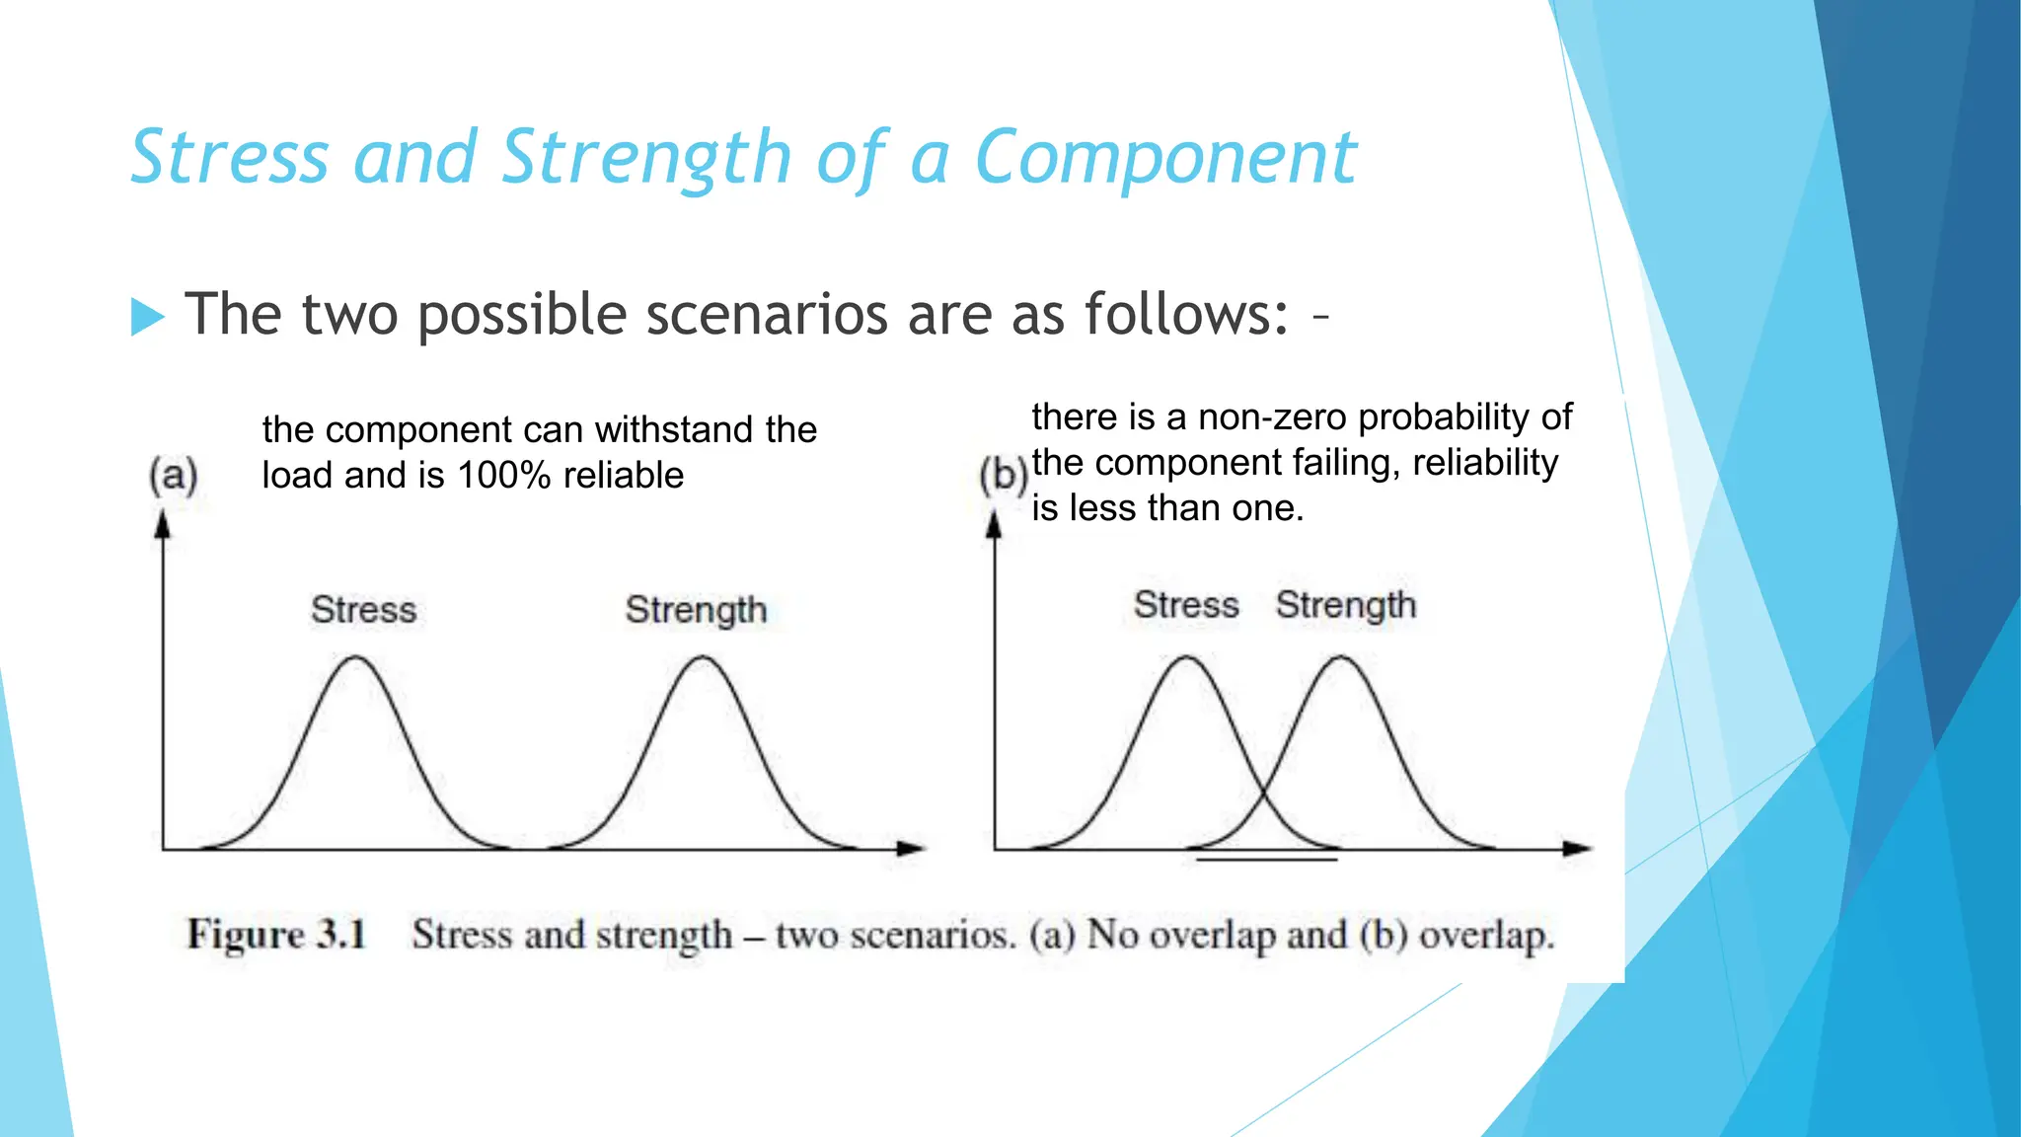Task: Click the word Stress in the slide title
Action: (x=229, y=158)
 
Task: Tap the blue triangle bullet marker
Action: (x=147, y=317)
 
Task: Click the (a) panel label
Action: (x=174, y=475)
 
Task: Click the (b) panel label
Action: (x=1003, y=475)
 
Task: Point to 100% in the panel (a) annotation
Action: (x=503, y=476)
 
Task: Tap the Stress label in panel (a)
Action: (x=363, y=610)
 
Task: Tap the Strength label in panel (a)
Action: (x=696, y=610)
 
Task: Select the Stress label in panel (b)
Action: (x=1185, y=605)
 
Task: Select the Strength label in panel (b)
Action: (x=1345, y=605)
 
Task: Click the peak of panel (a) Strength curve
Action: (x=702, y=658)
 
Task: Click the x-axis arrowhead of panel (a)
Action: (x=912, y=848)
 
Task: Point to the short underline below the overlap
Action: (x=1266, y=861)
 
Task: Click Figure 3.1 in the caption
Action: (x=276, y=934)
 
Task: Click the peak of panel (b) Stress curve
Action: (x=1185, y=658)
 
